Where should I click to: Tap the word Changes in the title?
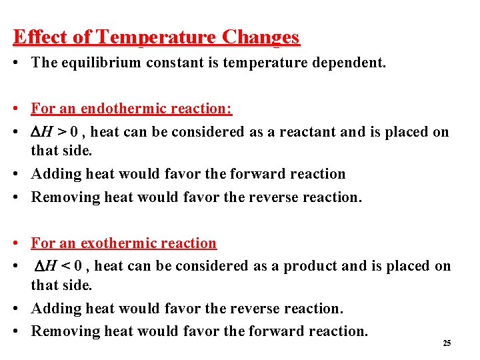(261, 37)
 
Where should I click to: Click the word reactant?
(302, 132)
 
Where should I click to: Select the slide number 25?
(447, 343)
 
